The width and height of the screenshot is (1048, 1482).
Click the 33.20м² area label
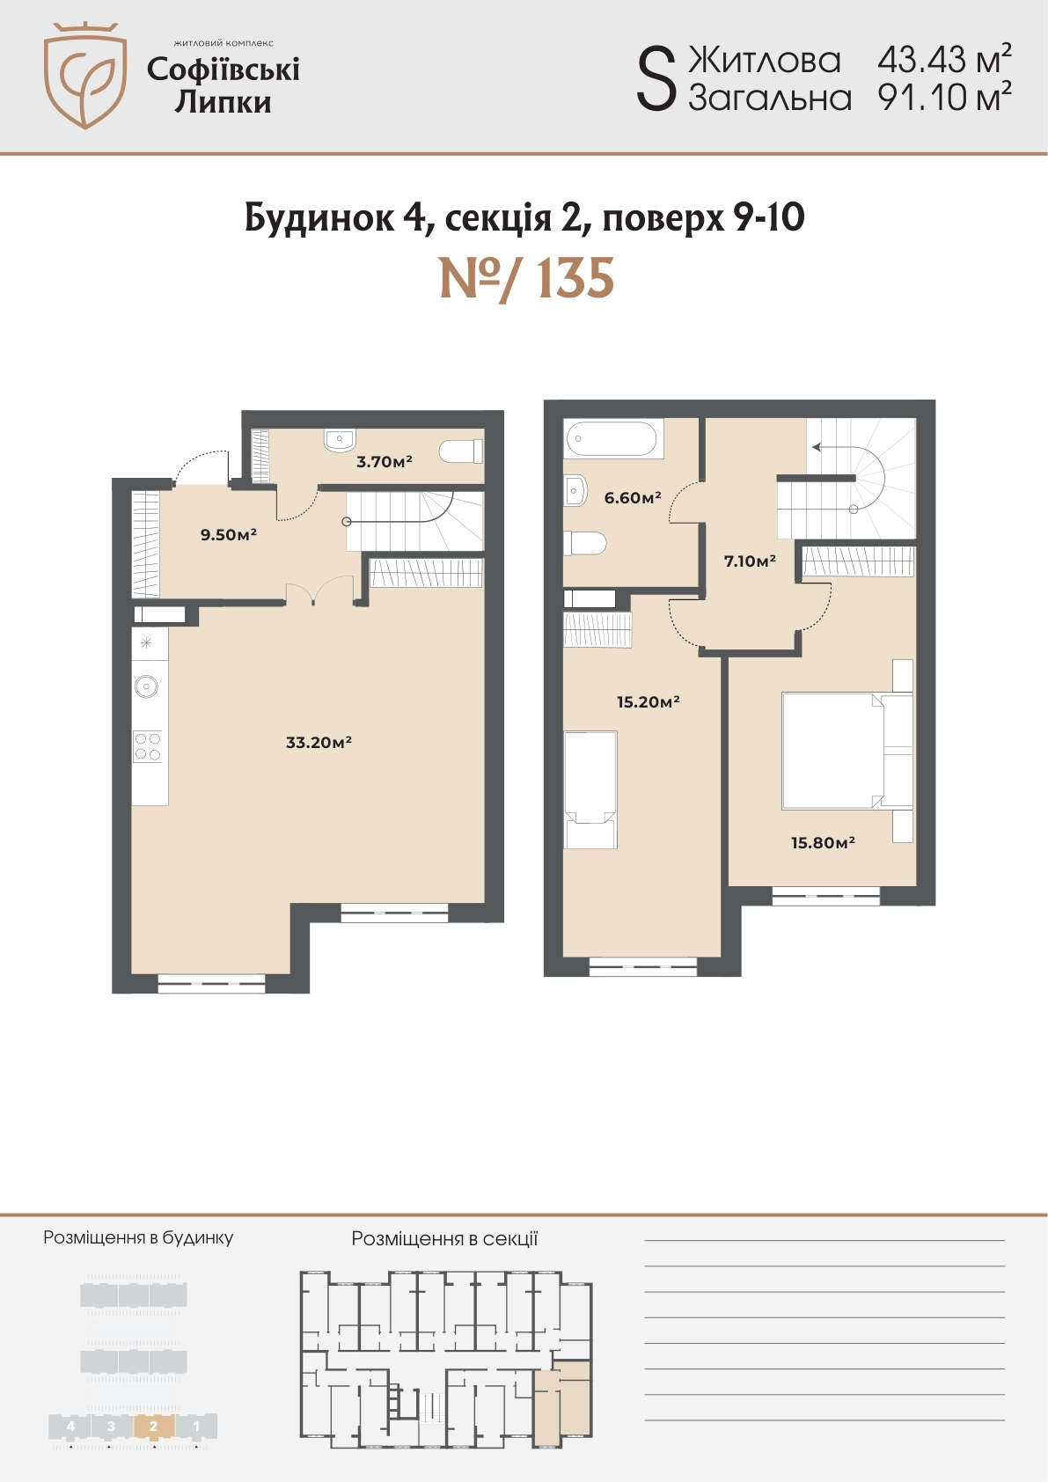319,743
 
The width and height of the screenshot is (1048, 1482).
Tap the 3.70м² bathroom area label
385,461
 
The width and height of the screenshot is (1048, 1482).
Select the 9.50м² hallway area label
228,534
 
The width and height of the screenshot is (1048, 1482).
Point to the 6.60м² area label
633,497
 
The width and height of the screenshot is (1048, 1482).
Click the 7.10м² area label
750,561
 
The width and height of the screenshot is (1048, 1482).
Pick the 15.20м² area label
649,701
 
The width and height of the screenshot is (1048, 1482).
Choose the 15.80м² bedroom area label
823,842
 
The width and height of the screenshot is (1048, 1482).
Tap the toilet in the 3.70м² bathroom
462,451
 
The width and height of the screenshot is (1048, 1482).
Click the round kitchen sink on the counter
146,686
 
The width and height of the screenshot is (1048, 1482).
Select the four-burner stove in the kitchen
147,746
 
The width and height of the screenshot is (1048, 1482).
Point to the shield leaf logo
85,76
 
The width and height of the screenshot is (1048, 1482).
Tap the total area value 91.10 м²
944,98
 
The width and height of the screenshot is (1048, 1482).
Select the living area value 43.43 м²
944,60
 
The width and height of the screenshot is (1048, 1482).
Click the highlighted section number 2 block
154,1426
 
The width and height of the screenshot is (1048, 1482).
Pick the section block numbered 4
70,1426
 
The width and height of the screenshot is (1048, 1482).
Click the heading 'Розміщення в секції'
444,1238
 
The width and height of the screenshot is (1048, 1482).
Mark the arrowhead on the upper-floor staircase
817,447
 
